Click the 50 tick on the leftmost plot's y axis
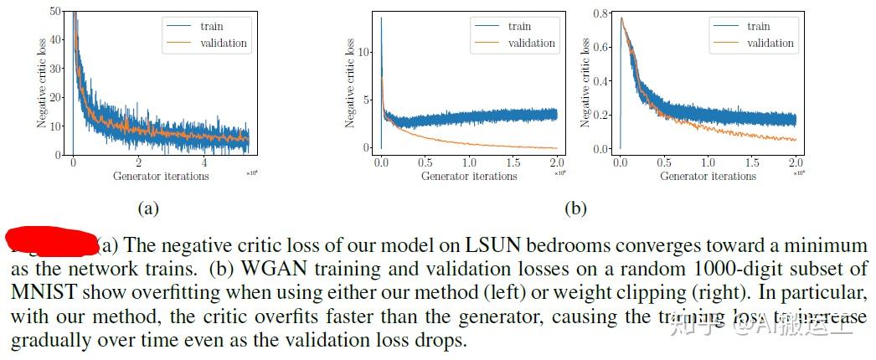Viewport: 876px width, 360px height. pyautogui.click(x=54, y=11)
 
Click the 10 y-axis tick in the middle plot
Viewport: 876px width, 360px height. pyautogui.click(x=363, y=52)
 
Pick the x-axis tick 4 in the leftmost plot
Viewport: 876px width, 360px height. pyautogui.click(x=205, y=162)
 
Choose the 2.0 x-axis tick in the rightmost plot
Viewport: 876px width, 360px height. pyautogui.click(x=795, y=162)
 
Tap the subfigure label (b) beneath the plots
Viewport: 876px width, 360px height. pyautogui.click(x=576, y=208)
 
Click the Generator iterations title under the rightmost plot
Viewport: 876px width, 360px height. pyautogui.click(x=708, y=176)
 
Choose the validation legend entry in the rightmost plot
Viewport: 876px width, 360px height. pyautogui.click(x=770, y=43)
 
